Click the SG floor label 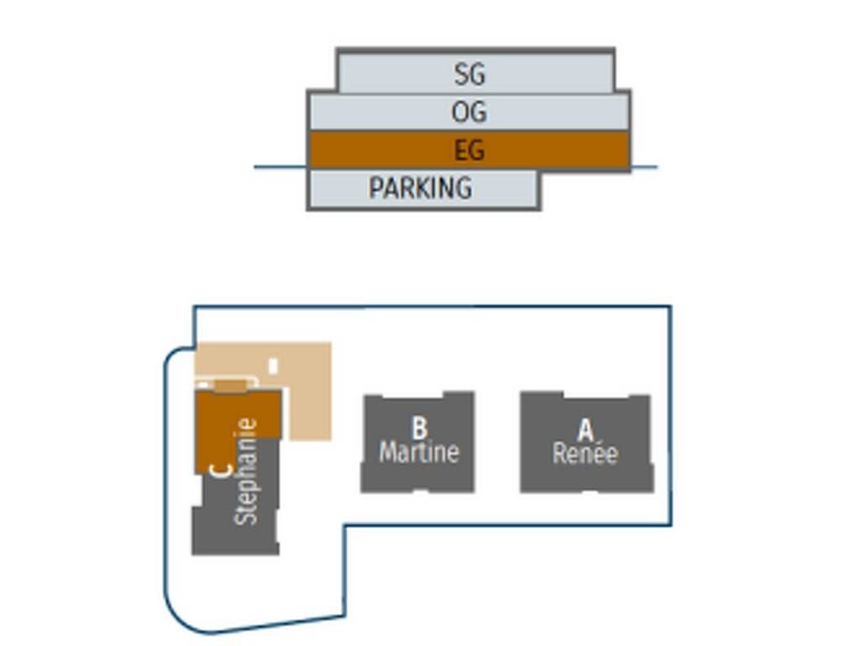pos(470,74)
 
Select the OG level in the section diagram pos(468,112)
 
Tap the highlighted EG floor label pos(469,151)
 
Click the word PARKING pos(420,188)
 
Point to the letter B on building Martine pos(420,427)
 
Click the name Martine pos(419,453)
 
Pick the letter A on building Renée pos(585,430)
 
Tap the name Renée pos(585,454)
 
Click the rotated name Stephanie pos(246,472)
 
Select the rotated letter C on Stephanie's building pos(220,470)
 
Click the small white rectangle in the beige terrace pos(273,365)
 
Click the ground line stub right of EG pos(644,167)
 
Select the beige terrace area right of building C pos(309,395)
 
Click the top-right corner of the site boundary pos(670,307)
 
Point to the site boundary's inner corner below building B pos(344,527)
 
